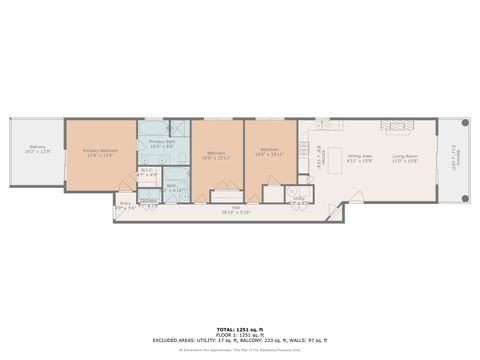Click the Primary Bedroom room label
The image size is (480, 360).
tap(100, 153)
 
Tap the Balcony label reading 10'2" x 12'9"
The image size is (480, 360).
tap(38, 150)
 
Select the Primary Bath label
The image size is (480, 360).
tap(162, 144)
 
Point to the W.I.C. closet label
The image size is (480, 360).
tap(147, 173)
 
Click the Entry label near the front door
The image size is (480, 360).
tap(125, 206)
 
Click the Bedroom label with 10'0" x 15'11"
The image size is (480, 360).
tap(217, 156)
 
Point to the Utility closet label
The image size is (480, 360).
tap(299, 200)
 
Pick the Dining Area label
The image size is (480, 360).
tap(360, 158)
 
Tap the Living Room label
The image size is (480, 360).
tap(404, 158)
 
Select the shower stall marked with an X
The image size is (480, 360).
tap(178, 128)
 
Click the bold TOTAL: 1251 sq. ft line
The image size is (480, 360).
tap(239, 328)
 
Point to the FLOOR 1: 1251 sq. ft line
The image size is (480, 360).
tap(239, 334)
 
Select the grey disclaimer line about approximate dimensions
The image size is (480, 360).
tap(239, 349)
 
